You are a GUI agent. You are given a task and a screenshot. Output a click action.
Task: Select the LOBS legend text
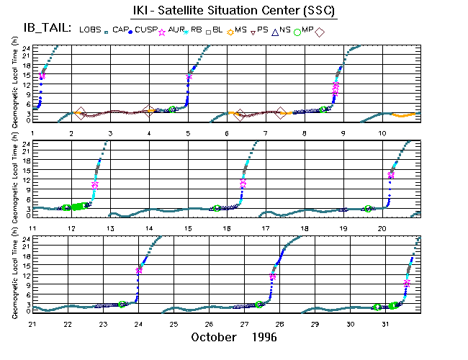click(91, 30)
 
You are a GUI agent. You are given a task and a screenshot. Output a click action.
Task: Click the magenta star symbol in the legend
click(162, 31)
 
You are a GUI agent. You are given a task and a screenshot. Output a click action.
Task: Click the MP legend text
click(308, 30)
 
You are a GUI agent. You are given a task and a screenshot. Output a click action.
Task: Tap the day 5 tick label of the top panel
click(188, 134)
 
